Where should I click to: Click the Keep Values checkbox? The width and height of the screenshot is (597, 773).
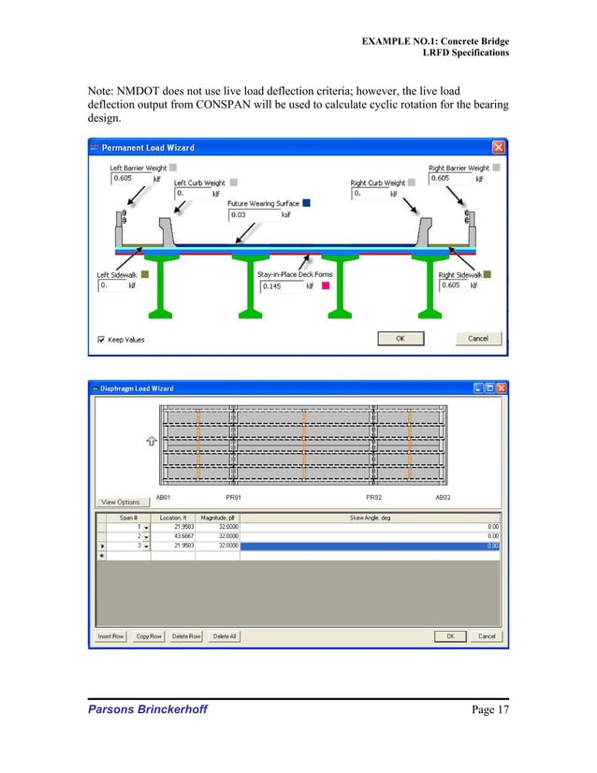102,339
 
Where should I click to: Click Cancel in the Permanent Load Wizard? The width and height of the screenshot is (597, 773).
477,338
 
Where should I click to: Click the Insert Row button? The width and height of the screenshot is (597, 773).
111,636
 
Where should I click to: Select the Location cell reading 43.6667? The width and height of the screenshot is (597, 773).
170,535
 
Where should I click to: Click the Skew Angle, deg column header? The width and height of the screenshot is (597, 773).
370,517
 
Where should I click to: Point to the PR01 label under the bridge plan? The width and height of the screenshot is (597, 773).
235,497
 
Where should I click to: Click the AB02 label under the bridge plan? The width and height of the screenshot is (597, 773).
443,497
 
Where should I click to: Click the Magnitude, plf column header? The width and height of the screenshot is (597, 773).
217,517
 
